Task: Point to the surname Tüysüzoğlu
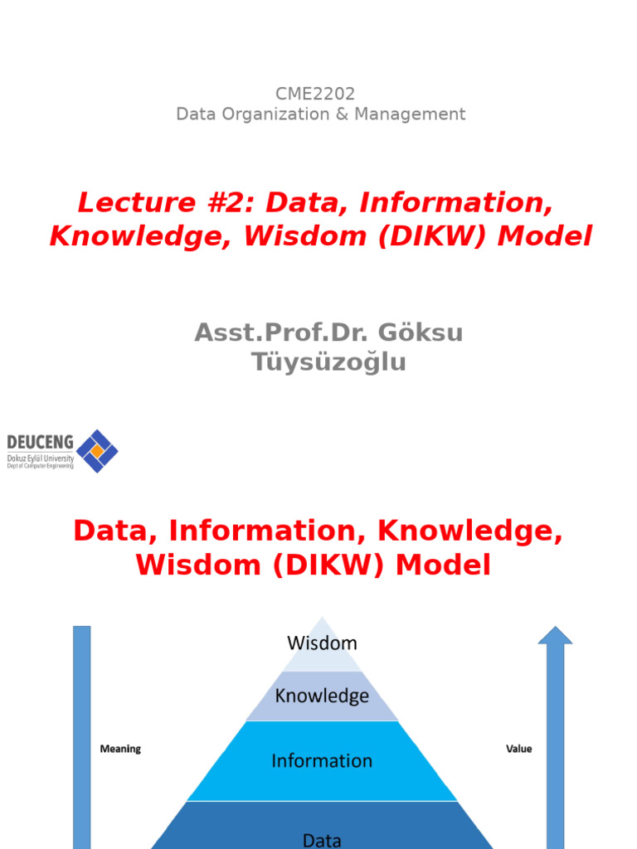click(x=329, y=362)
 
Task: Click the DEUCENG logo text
click(x=40, y=442)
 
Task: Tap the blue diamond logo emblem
click(x=97, y=451)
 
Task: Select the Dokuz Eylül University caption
click(x=40, y=458)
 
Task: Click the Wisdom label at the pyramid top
click(x=322, y=643)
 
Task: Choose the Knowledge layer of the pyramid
click(x=322, y=696)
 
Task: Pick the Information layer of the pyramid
click(x=322, y=760)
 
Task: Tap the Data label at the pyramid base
click(x=322, y=840)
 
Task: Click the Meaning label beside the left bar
click(x=120, y=749)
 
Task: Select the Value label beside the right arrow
click(x=518, y=749)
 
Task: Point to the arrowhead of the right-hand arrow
click(x=555, y=635)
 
